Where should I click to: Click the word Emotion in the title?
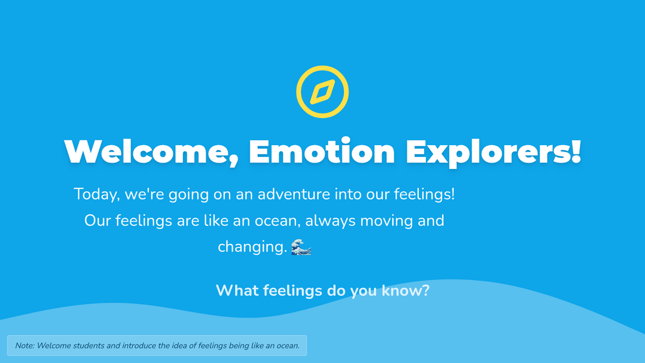tap(321, 151)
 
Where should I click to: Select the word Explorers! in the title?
tap(493, 153)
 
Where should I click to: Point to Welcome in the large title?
tap(152, 152)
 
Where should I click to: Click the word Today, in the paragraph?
tap(97, 194)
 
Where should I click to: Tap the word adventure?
tap(293, 194)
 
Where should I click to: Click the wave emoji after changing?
tap(301, 247)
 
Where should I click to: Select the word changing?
tap(253, 247)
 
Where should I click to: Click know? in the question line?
tap(405, 290)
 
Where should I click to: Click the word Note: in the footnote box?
tap(25, 345)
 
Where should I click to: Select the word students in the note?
tap(89, 345)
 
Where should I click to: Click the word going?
tap(189, 195)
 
